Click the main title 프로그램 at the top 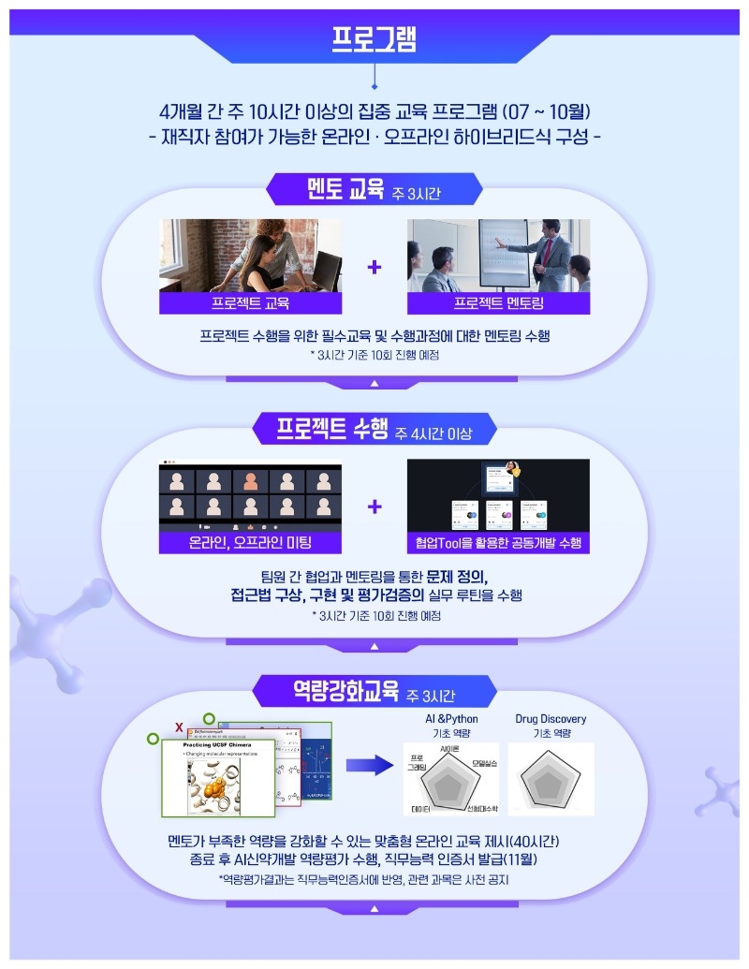point(374,37)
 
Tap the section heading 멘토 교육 point(346,190)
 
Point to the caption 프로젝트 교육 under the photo point(250,303)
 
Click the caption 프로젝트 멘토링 point(498,303)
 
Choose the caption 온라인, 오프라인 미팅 point(250,543)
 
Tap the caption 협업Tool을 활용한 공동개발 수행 point(498,543)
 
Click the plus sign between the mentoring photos point(374,267)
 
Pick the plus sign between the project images point(374,507)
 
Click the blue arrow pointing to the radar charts point(368,766)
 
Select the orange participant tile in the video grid point(250,482)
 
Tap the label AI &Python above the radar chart point(451,719)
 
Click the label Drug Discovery point(551,719)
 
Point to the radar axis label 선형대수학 point(482,807)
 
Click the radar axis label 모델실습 point(484,764)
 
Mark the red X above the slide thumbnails point(179,727)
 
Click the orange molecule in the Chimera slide point(223,789)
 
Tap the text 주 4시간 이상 point(433,433)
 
